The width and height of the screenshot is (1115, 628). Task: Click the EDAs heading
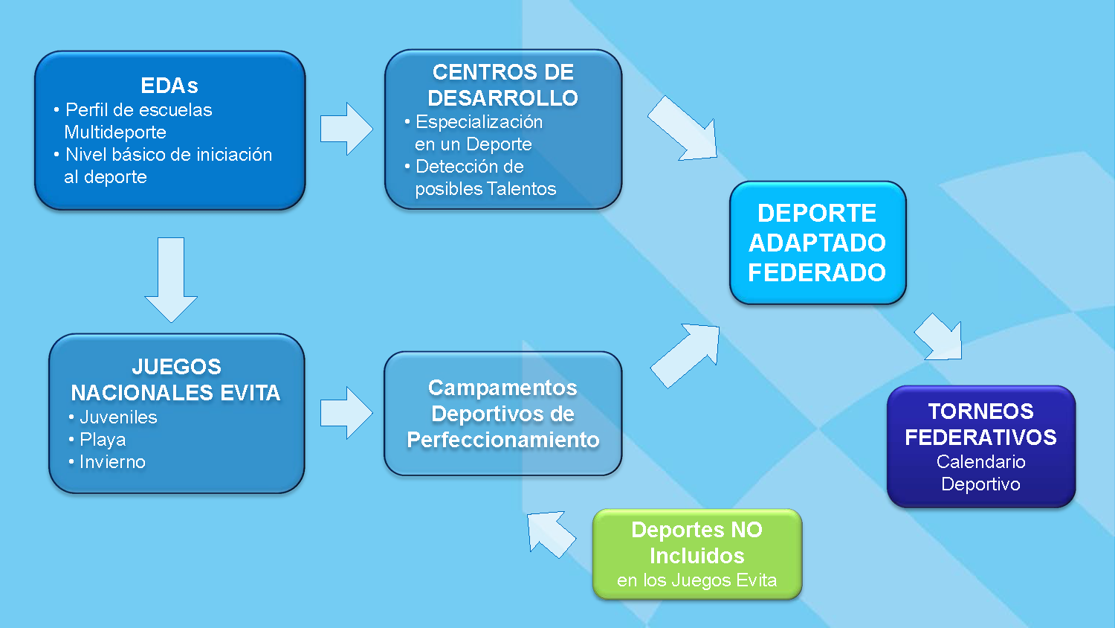pyautogui.click(x=169, y=86)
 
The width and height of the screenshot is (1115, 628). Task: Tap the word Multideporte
pyautogui.click(x=115, y=132)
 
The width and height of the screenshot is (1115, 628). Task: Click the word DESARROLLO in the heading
pyautogui.click(x=502, y=97)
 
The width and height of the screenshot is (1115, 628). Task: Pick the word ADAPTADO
pyautogui.click(x=817, y=243)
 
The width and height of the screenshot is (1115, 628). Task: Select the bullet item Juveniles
pyautogui.click(x=118, y=417)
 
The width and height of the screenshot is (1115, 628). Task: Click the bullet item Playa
pyautogui.click(x=103, y=440)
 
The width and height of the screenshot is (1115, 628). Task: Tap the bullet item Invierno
pyautogui.click(x=112, y=462)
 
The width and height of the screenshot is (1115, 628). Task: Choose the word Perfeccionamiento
pyautogui.click(x=502, y=440)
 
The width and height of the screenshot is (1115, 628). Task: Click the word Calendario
pyautogui.click(x=980, y=462)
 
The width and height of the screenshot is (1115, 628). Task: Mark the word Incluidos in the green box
pyautogui.click(x=697, y=556)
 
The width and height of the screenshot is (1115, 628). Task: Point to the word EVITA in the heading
pyautogui.click(x=249, y=393)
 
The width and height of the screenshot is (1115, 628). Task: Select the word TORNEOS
pyautogui.click(x=980, y=411)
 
